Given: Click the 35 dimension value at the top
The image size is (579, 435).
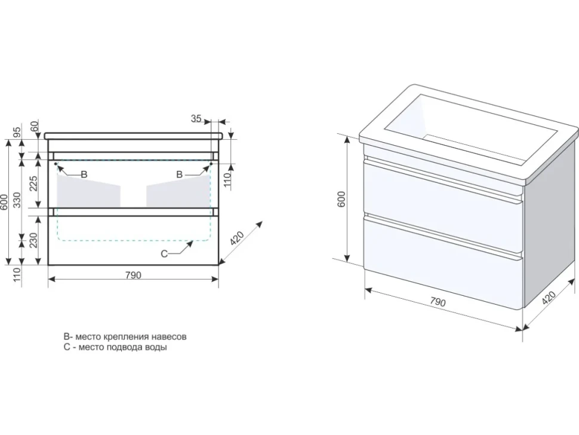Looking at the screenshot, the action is [196, 119].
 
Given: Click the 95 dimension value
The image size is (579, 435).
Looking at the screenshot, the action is [17, 130].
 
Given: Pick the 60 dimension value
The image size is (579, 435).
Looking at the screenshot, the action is [35, 127].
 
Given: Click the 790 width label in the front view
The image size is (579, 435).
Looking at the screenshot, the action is [133, 275].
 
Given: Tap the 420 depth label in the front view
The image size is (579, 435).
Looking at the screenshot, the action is [237, 239].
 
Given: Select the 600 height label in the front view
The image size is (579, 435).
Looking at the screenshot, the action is [4, 203].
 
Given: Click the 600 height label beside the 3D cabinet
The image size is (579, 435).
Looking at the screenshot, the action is [341, 199].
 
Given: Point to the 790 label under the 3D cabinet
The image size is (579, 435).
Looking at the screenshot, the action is [438, 302].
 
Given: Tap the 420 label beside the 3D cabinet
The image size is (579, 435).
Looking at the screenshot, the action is [549, 298].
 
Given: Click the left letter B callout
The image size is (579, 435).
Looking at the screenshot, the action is [84, 174].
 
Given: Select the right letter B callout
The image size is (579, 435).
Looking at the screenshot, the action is [179, 174].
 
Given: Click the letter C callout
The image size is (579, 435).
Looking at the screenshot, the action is [164, 253].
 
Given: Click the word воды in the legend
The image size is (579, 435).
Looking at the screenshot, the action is [156, 347].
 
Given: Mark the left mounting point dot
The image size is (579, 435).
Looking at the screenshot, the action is [56, 163].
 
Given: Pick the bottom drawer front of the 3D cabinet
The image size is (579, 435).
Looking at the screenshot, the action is [442, 263].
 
